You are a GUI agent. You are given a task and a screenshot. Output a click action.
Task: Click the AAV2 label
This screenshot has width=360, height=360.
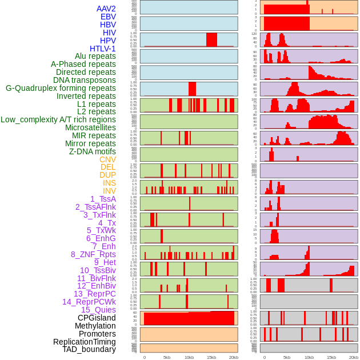click(106, 9)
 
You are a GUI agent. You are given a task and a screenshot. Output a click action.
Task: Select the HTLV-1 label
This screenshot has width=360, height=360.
click(103, 49)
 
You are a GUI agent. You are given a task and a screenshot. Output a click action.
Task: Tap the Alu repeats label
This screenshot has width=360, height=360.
click(95, 56)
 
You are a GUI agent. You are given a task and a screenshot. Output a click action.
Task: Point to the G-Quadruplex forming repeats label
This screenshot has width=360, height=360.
click(61, 88)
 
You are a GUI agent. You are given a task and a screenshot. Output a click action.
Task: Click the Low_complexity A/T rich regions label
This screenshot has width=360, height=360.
click(58, 119)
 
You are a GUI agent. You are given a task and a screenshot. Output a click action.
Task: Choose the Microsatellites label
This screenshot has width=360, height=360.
click(90, 127)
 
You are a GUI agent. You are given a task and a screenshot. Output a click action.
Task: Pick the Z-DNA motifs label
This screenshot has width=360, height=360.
click(93, 151)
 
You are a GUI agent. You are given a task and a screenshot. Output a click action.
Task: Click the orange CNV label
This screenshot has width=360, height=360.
click(107, 159)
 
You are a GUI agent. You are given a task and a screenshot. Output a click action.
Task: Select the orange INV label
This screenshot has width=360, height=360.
click(109, 191)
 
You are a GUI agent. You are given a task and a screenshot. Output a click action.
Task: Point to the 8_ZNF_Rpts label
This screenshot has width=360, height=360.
click(93, 254)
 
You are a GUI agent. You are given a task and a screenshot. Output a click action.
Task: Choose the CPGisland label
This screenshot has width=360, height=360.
click(97, 318)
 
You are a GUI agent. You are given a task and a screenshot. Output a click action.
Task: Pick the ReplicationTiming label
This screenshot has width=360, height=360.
click(85, 342)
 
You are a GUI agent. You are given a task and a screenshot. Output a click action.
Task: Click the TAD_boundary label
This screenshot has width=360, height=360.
click(89, 349)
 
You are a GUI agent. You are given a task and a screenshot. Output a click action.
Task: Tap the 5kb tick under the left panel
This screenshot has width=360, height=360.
click(167, 357)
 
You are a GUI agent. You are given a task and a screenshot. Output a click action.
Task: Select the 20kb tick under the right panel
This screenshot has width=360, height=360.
click(354, 357)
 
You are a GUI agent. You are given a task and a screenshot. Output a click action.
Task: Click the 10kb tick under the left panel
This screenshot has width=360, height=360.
click(189, 357)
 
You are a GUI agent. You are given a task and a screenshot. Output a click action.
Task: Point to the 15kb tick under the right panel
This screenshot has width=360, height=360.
click(331, 357)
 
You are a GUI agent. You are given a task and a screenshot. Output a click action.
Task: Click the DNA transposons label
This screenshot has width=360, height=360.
click(85, 80)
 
